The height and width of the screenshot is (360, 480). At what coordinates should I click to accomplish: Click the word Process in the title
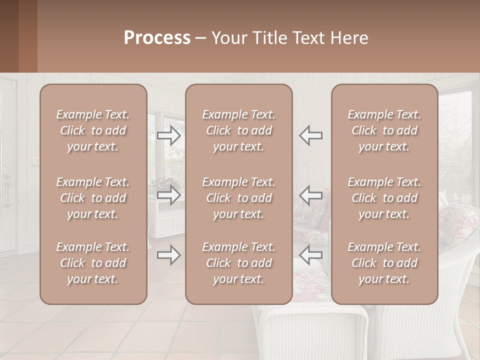point(157,38)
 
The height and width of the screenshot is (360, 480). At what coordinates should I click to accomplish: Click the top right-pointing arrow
point(168,135)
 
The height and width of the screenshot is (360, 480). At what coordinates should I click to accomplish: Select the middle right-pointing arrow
point(168,195)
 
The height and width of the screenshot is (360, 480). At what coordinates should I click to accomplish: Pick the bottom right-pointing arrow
point(168,255)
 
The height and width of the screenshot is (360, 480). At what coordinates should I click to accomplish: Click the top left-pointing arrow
point(311,135)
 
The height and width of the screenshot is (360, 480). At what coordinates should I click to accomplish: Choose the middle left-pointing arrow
point(311,195)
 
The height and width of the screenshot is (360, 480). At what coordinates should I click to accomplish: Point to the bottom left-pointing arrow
point(311,255)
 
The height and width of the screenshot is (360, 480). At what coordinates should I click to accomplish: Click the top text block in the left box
point(93,130)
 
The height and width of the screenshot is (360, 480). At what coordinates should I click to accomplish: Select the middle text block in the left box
point(93,198)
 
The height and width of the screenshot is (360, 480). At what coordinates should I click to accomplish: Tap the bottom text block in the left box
point(93,263)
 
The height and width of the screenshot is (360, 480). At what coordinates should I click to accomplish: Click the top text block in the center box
point(239,130)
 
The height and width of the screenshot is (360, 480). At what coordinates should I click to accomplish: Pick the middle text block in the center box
point(239,198)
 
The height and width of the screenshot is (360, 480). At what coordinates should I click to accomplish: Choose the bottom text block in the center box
point(239,263)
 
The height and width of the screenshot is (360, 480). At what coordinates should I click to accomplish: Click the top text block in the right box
point(384,130)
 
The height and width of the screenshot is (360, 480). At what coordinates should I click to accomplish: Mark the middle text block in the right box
point(384,198)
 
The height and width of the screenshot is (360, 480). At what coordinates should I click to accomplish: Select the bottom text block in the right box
point(384,263)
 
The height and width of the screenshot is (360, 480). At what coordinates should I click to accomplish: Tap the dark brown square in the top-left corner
point(9,36)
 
